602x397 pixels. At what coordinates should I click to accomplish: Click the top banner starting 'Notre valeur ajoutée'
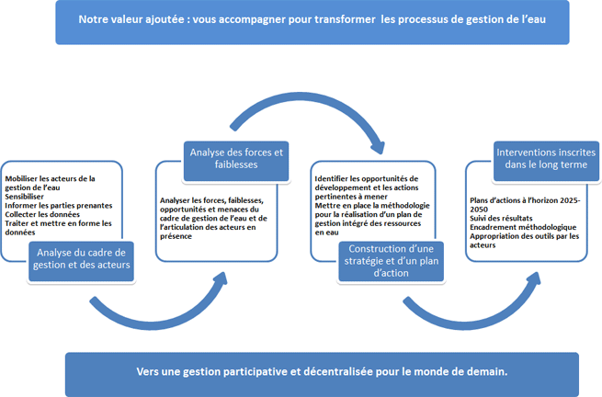(x=312, y=22)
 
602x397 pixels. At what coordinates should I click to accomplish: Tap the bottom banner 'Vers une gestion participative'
(x=322, y=374)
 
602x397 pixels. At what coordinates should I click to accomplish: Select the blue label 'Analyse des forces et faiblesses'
(x=236, y=161)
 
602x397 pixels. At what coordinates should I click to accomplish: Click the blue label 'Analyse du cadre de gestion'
(x=81, y=261)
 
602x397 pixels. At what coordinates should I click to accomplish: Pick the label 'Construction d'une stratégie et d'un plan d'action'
(x=391, y=261)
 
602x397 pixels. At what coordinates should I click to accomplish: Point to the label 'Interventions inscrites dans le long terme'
(x=546, y=161)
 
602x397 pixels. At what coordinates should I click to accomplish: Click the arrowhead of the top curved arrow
(x=377, y=147)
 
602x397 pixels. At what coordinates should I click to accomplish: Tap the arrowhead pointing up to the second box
(x=221, y=279)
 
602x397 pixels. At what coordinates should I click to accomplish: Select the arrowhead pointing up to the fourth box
(x=534, y=279)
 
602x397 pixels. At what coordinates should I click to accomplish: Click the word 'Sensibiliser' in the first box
(x=24, y=197)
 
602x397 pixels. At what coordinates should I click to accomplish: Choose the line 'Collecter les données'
(x=42, y=214)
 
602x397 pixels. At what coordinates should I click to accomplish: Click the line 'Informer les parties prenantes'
(x=58, y=206)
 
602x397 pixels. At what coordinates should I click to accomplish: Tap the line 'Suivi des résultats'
(x=501, y=219)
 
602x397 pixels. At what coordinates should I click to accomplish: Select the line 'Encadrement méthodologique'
(x=523, y=227)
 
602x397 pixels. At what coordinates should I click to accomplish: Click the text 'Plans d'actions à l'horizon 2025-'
(x=525, y=200)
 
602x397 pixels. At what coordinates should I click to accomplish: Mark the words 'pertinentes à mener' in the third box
(x=351, y=197)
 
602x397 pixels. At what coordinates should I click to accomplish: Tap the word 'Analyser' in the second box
(x=175, y=200)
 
